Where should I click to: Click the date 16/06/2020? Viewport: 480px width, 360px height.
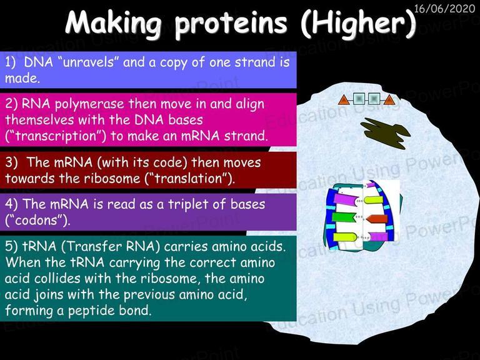(444, 8)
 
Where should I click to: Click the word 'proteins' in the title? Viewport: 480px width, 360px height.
(231, 24)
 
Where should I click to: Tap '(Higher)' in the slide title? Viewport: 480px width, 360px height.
(358, 23)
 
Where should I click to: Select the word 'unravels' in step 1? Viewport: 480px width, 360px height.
(88, 62)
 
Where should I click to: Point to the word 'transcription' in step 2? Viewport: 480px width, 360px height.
(56, 136)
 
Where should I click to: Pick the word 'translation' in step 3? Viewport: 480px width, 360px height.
(187, 178)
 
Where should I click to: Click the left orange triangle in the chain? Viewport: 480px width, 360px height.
(343, 100)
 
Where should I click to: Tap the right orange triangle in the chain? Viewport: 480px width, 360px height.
(389, 100)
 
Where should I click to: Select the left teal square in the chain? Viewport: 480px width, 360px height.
(359, 99)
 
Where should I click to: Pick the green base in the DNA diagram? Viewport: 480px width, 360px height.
(344, 217)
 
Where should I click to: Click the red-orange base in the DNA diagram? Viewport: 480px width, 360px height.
(377, 219)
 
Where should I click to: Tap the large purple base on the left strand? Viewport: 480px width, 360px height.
(346, 199)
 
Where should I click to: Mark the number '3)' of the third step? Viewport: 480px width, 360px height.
(11, 162)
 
